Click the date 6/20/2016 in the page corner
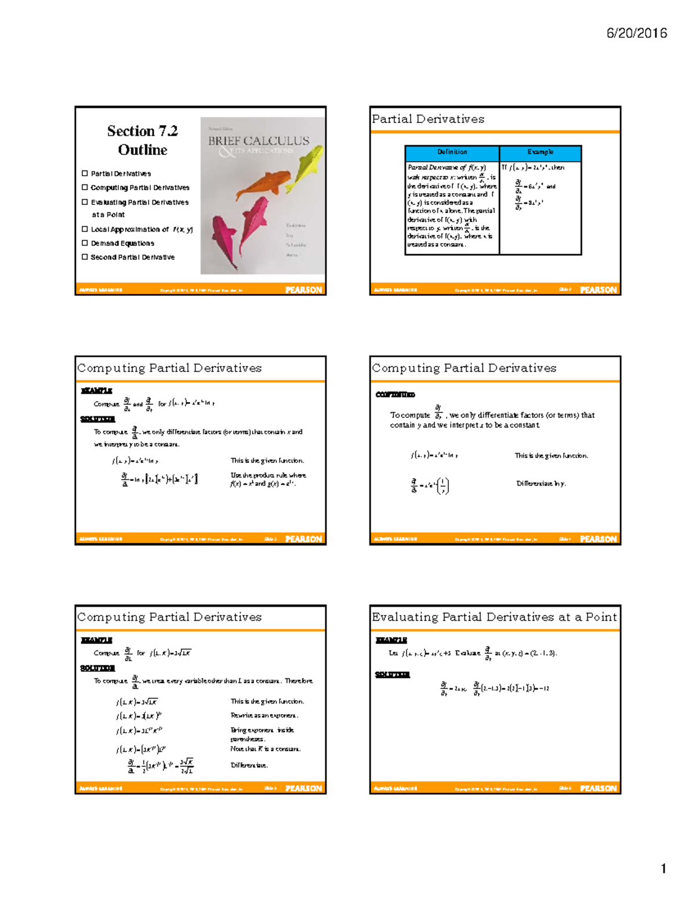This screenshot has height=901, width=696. (x=636, y=33)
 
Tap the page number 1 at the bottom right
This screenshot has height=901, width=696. (x=663, y=869)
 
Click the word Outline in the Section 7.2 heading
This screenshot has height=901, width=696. (x=143, y=150)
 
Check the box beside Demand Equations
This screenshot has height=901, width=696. (x=85, y=243)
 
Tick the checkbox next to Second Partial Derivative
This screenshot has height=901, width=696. (x=85, y=257)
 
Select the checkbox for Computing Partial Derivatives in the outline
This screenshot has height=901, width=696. (x=85, y=187)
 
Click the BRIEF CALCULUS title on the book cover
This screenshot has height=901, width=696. (x=259, y=140)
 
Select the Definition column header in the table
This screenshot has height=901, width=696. (x=452, y=152)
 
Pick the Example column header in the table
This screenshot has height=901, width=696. (x=540, y=152)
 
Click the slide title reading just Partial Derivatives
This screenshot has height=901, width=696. (x=428, y=119)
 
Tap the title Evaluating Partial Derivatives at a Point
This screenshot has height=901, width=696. (x=494, y=617)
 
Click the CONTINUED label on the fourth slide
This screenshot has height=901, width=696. (x=395, y=395)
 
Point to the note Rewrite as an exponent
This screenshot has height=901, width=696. (x=264, y=715)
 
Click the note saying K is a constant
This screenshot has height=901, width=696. (x=265, y=749)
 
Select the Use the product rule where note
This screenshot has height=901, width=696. (x=268, y=475)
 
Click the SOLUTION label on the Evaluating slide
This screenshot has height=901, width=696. (x=392, y=674)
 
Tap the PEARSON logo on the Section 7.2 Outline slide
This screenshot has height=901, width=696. (x=303, y=290)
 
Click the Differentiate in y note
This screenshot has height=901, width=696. (x=541, y=483)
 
